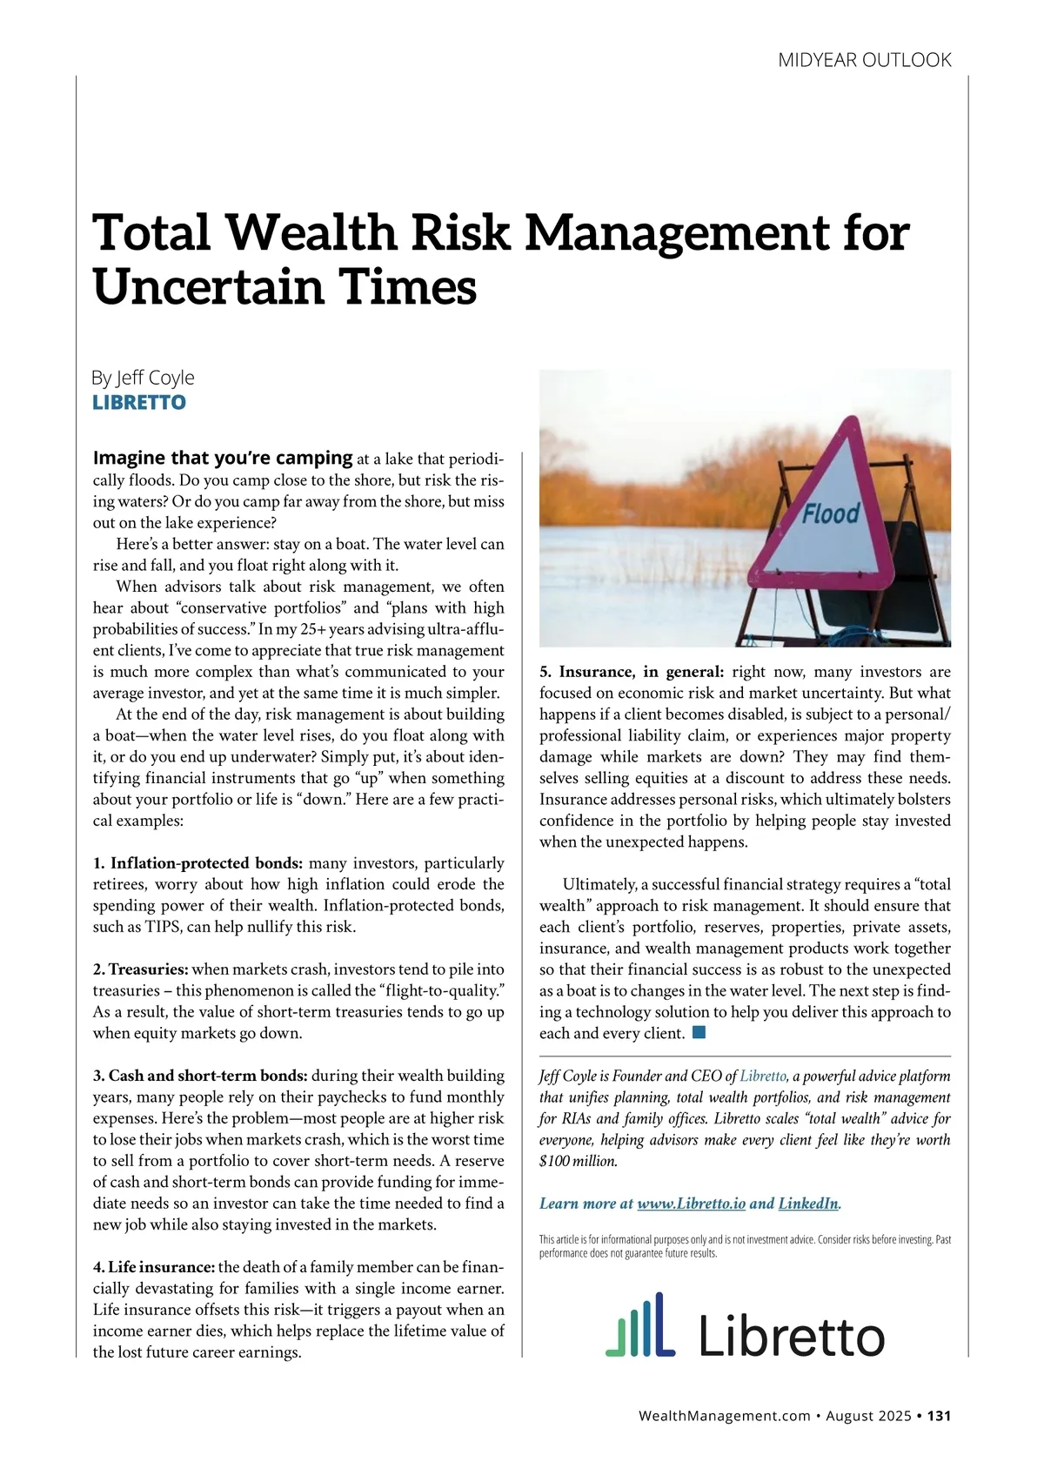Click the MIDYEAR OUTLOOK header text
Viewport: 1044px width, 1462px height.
click(864, 60)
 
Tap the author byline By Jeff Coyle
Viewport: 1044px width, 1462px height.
click(143, 378)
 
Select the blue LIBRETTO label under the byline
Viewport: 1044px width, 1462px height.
click(139, 402)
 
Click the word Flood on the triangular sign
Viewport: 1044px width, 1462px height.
click(831, 514)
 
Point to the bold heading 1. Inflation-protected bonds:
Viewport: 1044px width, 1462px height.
click(197, 863)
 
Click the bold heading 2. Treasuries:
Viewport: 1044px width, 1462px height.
click(141, 969)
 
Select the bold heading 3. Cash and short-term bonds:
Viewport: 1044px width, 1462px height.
click(200, 1076)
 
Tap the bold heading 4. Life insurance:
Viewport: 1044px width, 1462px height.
click(154, 1267)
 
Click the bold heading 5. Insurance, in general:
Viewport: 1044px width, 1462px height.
click(632, 672)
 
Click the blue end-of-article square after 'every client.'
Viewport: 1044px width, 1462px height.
click(698, 1033)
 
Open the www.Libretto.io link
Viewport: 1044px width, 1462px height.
click(691, 1204)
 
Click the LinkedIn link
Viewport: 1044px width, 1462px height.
click(808, 1204)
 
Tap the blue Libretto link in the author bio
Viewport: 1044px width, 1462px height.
click(763, 1076)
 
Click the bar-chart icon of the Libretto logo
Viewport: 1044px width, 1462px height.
click(640, 1325)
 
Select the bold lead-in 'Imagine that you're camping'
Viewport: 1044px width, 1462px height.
click(223, 458)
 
